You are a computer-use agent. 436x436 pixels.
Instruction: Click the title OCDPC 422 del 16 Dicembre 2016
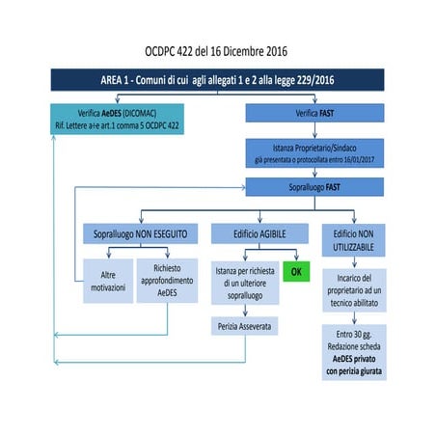pos(218,48)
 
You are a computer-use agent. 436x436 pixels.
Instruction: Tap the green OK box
pos(295,272)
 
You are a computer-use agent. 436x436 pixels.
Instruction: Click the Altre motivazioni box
pos(107,281)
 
